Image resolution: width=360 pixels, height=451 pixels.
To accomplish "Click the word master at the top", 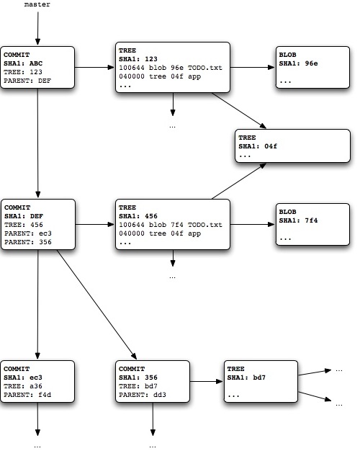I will click(37, 5).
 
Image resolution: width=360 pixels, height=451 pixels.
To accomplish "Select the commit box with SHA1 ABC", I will click(37, 68).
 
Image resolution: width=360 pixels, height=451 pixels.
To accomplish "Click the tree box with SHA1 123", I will click(172, 68).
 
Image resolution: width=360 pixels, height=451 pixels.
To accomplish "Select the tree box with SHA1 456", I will click(172, 225).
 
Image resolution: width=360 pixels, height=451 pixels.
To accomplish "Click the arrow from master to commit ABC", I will click(37, 29).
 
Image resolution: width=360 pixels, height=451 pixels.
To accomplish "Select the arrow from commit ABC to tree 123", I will click(94, 68).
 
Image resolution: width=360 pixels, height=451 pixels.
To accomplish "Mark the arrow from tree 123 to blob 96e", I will click(252, 68).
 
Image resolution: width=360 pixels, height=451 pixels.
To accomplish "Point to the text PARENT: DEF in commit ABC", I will click(27, 81).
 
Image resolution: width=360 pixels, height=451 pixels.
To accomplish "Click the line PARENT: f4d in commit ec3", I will click(27, 395).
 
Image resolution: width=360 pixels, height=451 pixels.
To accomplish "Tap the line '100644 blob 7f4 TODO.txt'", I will click(170, 225).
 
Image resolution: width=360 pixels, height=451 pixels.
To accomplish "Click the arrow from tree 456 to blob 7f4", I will click(252, 225).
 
